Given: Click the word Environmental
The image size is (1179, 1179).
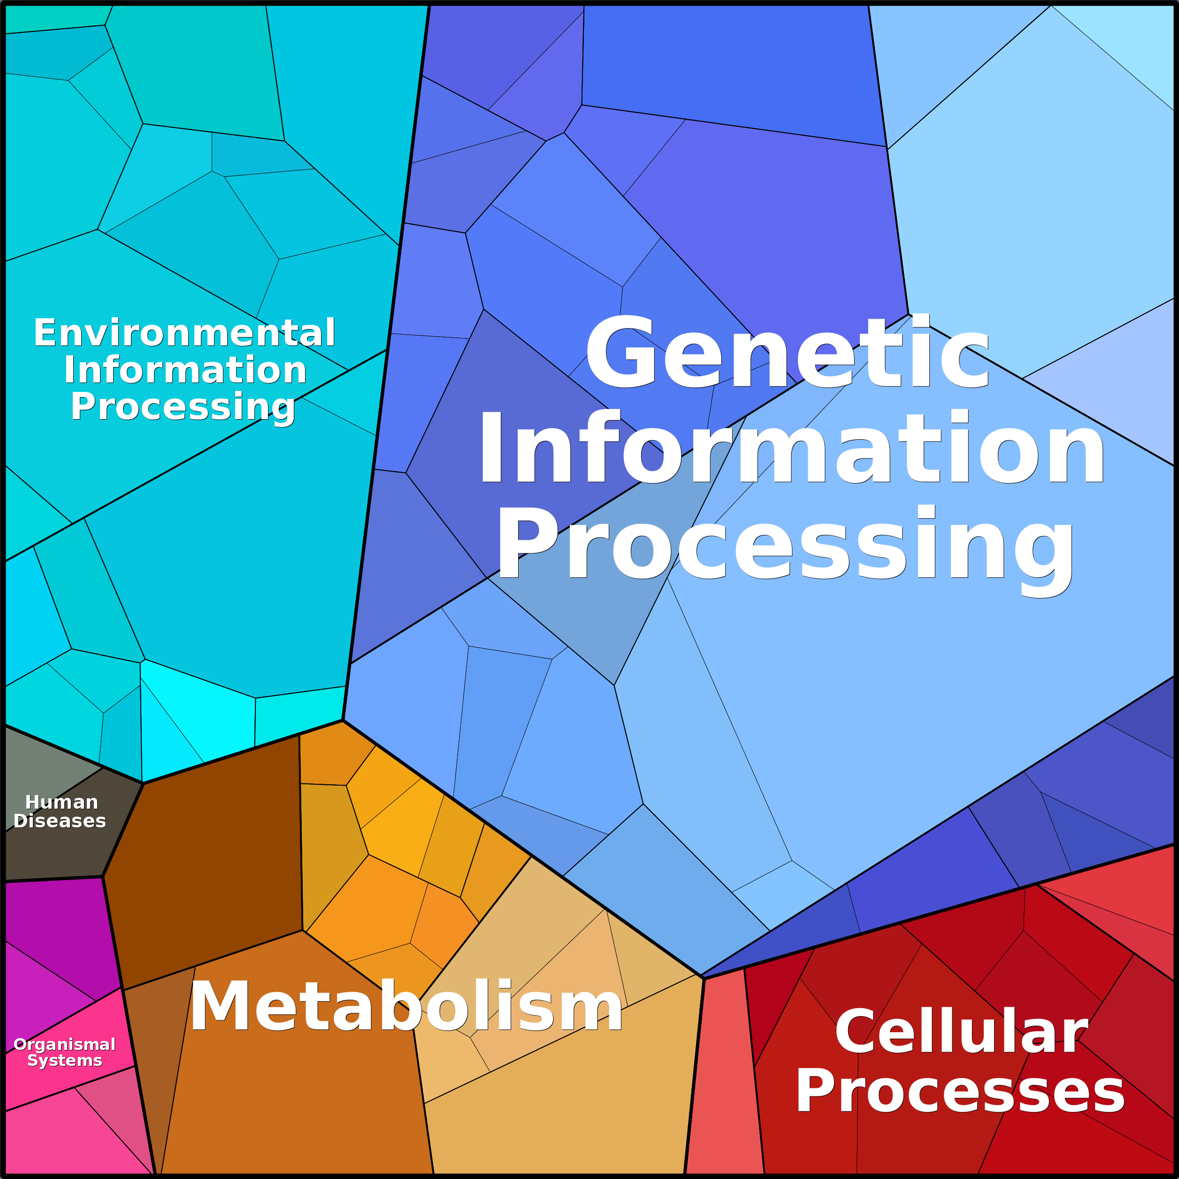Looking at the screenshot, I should coord(184,333).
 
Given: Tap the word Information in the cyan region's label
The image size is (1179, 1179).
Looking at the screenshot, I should coord(185,370).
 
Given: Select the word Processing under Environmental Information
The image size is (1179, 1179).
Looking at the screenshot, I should coord(183,407).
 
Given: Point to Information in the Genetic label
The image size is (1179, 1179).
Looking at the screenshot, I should coord(791,449).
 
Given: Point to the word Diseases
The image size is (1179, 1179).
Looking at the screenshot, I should coord(60,821).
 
